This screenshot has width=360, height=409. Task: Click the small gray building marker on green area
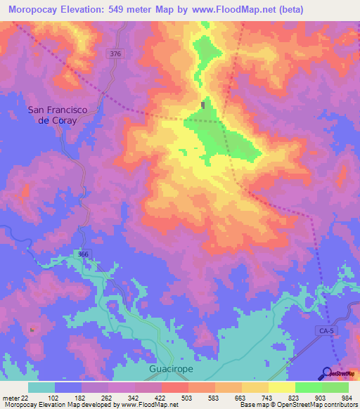(x=204, y=105)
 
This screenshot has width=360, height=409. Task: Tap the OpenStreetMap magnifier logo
(x=326, y=373)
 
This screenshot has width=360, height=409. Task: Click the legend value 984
(x=348, y=397)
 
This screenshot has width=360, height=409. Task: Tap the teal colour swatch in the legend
(x=41, y=387)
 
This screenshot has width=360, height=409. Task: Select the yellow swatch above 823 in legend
(x=281, y=387)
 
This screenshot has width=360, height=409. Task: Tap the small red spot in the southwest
(x=32, y=329)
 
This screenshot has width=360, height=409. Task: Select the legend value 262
(x=108, y=397)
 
